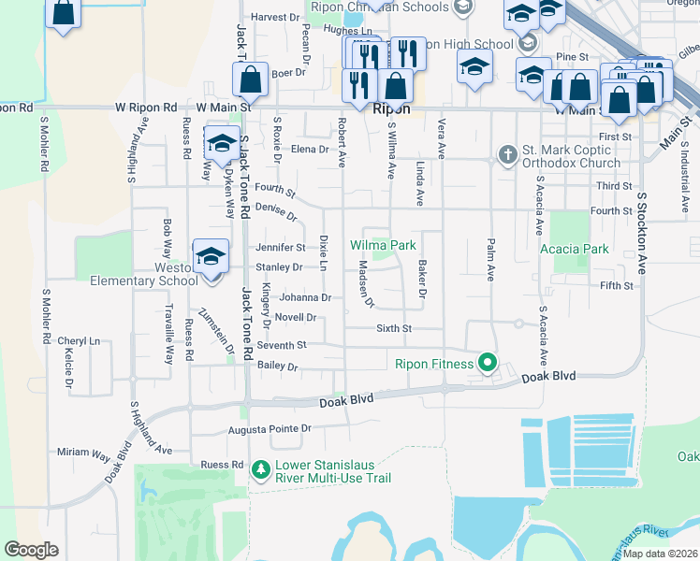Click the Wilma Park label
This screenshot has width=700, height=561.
coord(383,246)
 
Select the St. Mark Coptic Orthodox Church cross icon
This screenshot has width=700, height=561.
coord(507,154)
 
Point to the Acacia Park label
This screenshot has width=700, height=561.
coord(575,250)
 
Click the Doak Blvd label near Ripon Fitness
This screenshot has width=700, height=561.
coord(548,377)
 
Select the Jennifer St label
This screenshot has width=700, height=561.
coord(281,248)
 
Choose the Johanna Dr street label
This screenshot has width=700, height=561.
coord(306,298)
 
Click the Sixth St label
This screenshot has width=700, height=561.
coord(394,328)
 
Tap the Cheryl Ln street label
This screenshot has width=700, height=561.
coord(79,341)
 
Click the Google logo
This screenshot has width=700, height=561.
coord(31,550)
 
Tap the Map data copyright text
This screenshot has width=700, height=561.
coord(660,554)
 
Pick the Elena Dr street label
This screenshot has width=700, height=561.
coord(311,150)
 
